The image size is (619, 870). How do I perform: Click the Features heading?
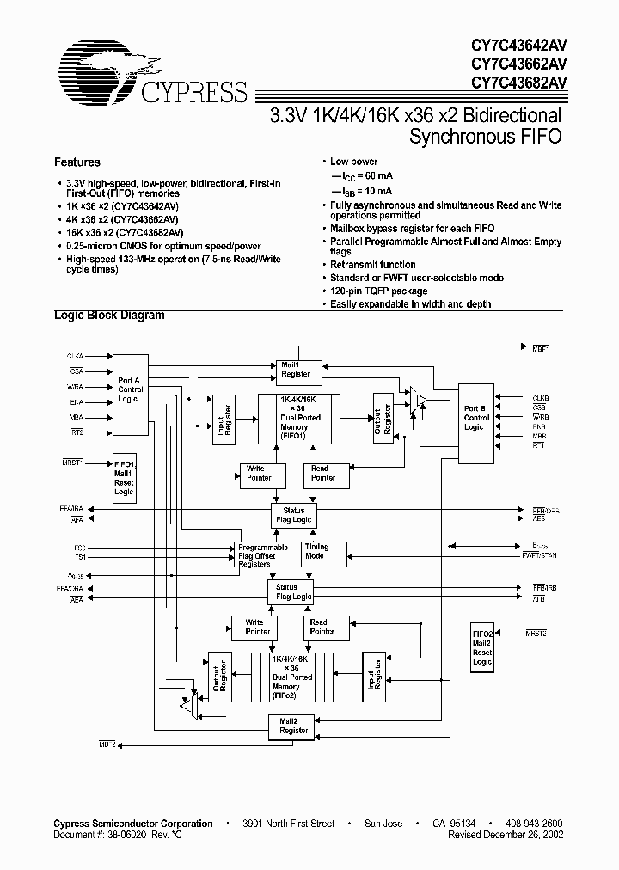coord(77,162)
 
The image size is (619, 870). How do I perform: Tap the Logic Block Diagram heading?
coord(109,316)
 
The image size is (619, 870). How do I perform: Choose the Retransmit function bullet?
coord(372,265)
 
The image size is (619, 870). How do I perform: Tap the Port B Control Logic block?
coord(476,418)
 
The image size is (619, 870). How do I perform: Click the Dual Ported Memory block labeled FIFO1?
coord(299,420)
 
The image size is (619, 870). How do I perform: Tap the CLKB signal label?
coord(539,398)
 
